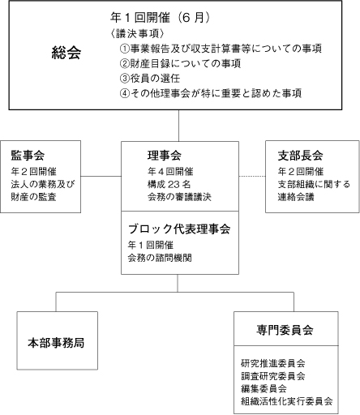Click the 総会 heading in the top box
(x=66, y=53)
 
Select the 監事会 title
(x=28, y=156)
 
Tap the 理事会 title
(x=165, y=156)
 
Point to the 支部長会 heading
(x=300, y=156)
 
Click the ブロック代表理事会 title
(x=179, y=229)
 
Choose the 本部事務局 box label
(x=56, y=343)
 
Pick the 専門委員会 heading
(x=285, y=330)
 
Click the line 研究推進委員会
(x=273, y=363)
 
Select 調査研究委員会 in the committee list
(x=273, y=376)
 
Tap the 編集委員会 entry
(x=264, y=388)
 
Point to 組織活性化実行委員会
(x=287, y=401)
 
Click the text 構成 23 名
(x=169, y=184)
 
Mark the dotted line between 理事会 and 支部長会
(x=252, y=177)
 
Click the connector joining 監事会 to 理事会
(x=101, y=177)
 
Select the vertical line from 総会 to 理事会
(x=178, y=126)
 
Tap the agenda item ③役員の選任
(x=150, y=79)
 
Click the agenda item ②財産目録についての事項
(x=180, y=63)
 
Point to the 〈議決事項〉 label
(x=137, y=34)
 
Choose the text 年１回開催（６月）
(x=160, y=18)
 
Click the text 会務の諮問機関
(x=160, y=258)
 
